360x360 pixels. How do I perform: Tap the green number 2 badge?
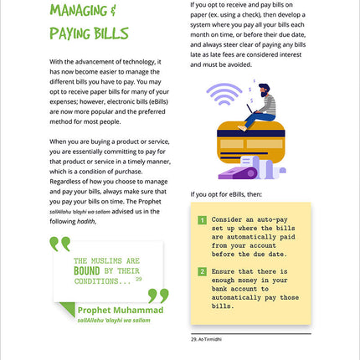[202, 271]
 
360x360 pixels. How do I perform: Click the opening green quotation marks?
[59, 244]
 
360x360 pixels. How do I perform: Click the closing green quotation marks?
[157, 295]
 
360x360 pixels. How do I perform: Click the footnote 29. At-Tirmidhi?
[210, 338]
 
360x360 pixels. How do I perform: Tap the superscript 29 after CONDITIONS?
[139, 278]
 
